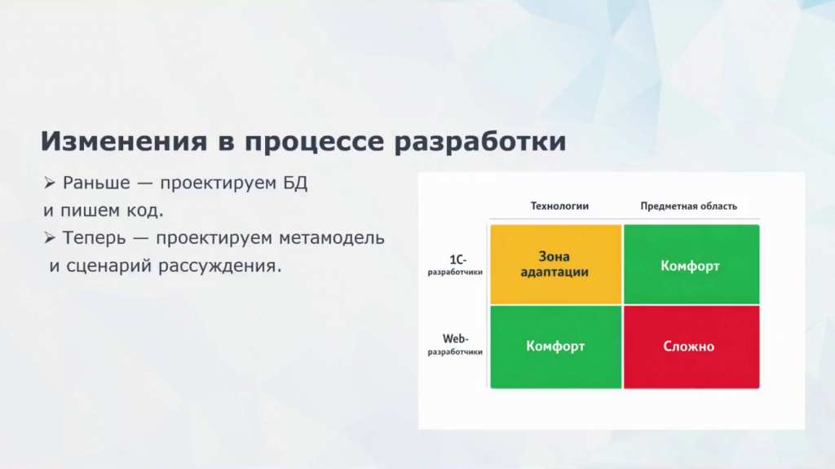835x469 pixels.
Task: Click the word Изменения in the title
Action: point(124,141)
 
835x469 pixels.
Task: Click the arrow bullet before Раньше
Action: point(50,184)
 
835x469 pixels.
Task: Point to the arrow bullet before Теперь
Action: point(50,237)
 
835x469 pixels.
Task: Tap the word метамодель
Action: point(332,237)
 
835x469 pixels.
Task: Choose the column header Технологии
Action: point(559,206)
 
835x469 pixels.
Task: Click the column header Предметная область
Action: point(688,206)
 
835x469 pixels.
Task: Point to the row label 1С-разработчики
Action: point(455,265)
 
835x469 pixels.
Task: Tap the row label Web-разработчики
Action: point(455,344)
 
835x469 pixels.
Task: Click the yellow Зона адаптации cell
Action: point(556,264)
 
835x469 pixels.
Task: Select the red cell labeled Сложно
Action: point(691,347)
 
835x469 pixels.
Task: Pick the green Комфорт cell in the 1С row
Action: point(691,264)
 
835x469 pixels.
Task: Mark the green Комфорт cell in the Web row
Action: point(556,347)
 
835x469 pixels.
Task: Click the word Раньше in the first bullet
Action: point(96,184)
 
